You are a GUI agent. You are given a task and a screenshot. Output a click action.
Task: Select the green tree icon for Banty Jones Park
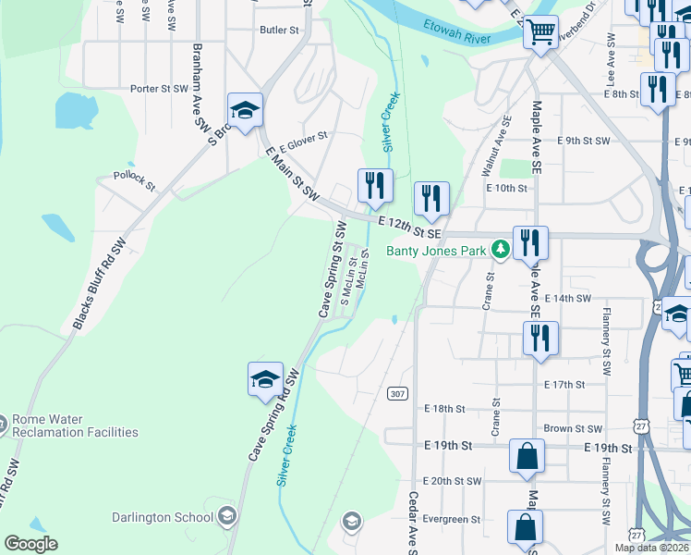tap(501, 249)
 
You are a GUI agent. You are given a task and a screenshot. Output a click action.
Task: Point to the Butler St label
tap(280, 31)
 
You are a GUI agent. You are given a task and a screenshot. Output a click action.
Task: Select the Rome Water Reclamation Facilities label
tap(74, 425)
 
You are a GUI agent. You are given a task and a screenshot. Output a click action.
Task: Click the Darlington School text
tap(163, 517)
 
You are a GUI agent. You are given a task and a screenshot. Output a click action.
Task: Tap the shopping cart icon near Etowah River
tap(540, 31)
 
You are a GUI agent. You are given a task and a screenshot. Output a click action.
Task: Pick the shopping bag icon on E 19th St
tap(526, 456)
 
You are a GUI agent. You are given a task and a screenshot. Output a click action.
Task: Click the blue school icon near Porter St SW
tap(245, 110)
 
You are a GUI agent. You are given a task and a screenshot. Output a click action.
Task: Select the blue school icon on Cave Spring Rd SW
tap(265, 380)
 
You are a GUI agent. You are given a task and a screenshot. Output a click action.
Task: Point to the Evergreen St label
tap(453, 520)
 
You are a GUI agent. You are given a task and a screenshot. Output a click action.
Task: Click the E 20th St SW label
tap(453, 481)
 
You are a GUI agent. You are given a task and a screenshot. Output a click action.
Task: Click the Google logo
tap(30, 545)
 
